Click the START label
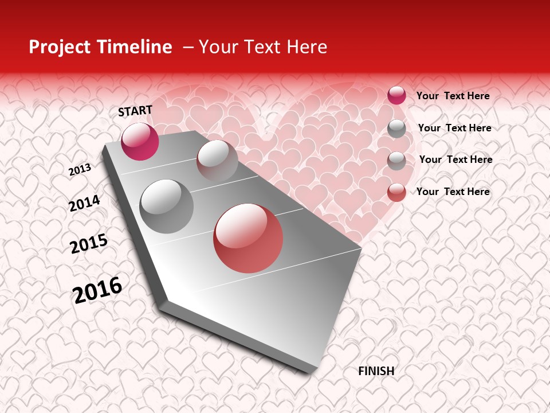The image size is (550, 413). (135, 110)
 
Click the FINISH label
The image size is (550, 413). (376, 371)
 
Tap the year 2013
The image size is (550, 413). (80, 169)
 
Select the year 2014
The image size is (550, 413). (84, 203)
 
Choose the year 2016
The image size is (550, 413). (97, 290)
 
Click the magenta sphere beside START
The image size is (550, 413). (140, 141)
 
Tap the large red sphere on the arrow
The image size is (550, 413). (248, 238)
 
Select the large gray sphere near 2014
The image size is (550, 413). (167, 206)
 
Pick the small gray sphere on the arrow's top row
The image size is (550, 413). (217, 161)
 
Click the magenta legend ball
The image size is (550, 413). (396, 95)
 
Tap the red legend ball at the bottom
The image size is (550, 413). (396, 192)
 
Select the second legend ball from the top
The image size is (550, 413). (396, 128)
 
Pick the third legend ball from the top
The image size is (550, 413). (396, 161)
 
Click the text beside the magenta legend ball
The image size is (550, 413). (453, 96)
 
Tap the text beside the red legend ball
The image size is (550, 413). (453, 192)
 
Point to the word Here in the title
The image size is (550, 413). (307, 47)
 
